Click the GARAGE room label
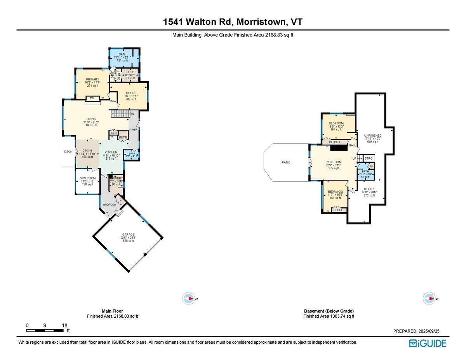click(x=128, y=235)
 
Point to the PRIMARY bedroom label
click(x=92, y=79)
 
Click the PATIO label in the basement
click(x=286, y=162)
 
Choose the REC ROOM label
click(x=334, y=162)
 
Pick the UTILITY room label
click(x=369, y=189)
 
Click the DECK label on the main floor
click(x=68, y=152)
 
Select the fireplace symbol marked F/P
click(x=92, y=98)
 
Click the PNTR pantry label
click(x=123, y=138)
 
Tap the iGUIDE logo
click(x=428, y=343)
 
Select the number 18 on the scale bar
click(x=64, y=325)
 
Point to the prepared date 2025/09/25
click(x=428, y=331)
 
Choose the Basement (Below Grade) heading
click(x=329, y=311)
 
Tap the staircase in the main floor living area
click(x=120, y=114)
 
